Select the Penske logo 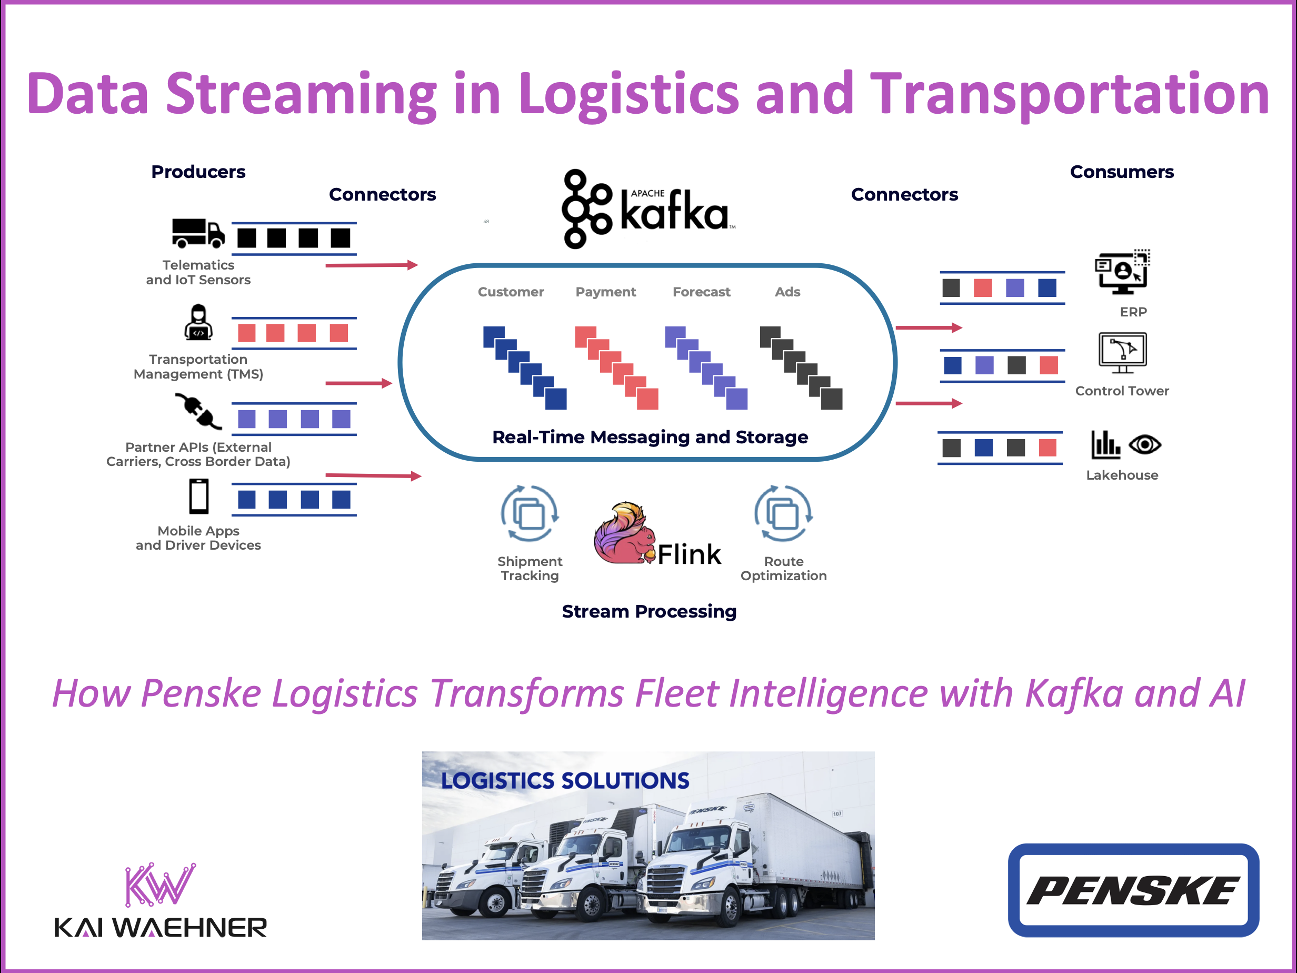[1133, 890]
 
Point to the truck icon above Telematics [197, 233]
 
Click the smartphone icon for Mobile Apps [199, 496]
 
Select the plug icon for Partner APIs [198, 411]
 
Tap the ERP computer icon [1122, 273]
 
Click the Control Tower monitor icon [1122, 352]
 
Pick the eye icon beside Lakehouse [1144, 444]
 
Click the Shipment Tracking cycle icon [530, 514]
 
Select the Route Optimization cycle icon [783, 514]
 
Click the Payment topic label [605, 292]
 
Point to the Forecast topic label [701, 292]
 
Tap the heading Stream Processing [648, 611]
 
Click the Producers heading [198, 172]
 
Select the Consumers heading [1121, 172]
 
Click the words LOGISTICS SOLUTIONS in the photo [565, 781]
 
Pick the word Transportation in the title [1070, 94]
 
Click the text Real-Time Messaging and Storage [650, 437]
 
